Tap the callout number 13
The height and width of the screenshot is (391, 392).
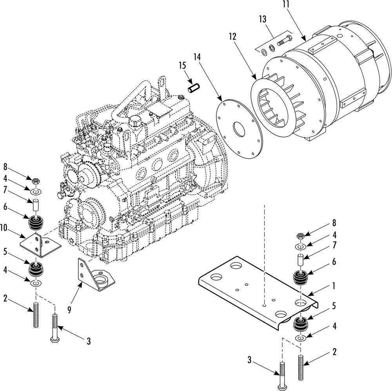pyautogui.click(x=263, y=19)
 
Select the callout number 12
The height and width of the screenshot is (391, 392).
pyautogui.click(x=232, y=36)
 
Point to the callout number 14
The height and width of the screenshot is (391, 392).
pyautogui.click(x=197, y=57)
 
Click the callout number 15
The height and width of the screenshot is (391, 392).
pyautogui.click(x=182, y=65)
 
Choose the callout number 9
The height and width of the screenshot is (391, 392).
pyautogui.click(x=69, y=310)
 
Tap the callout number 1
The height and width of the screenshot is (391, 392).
pyautogui.click(x=334, y=286)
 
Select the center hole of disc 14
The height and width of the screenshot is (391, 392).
pyautogui.click(x=239, y=129)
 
